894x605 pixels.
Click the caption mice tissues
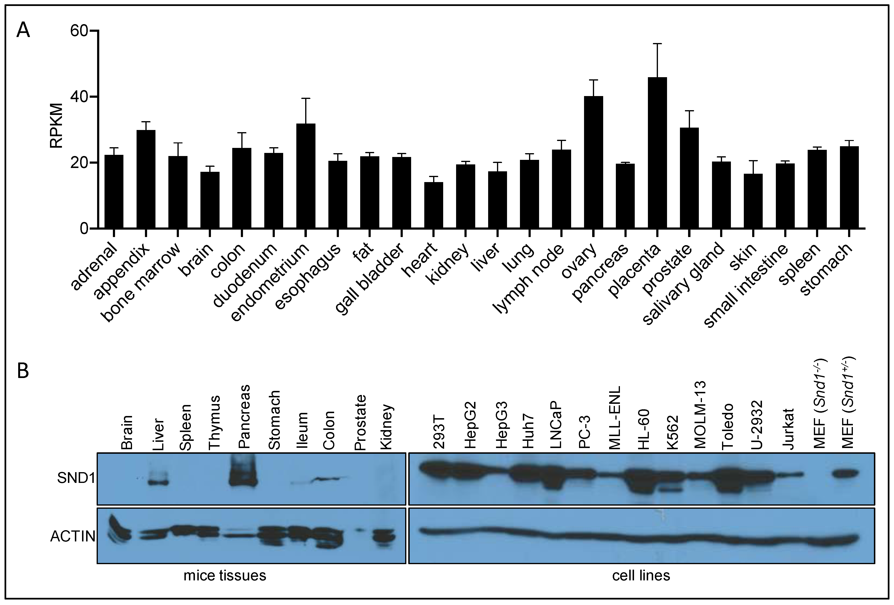pos(225,575)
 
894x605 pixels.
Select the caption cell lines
pos(641,575)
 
